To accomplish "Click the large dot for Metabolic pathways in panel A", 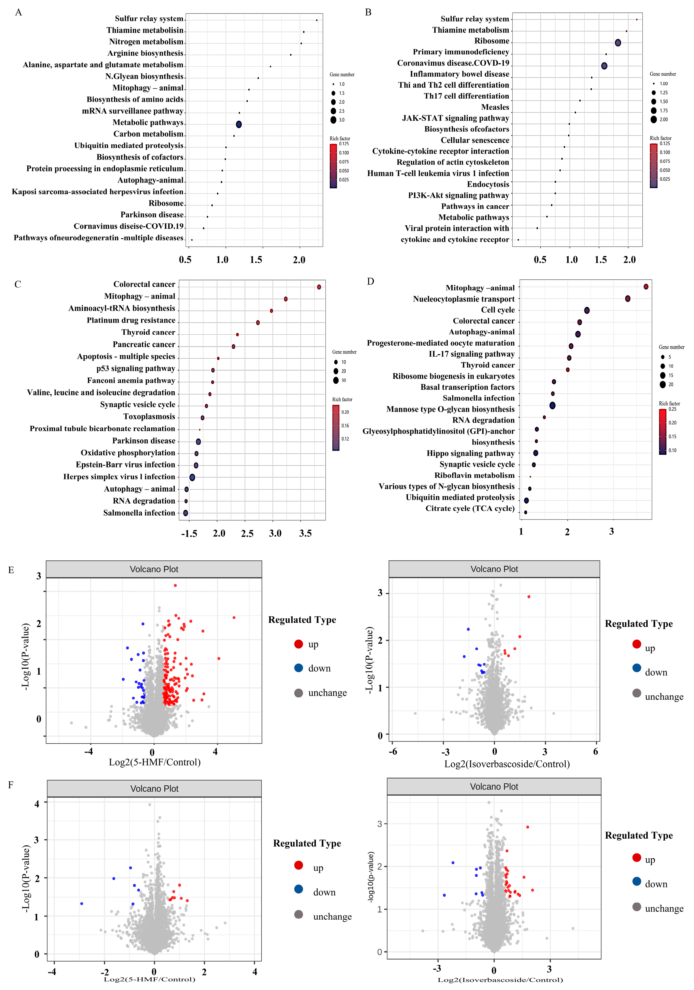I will pos(239,124).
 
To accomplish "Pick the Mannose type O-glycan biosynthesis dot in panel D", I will pos(552,405).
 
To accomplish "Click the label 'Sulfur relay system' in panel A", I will pos(149,18).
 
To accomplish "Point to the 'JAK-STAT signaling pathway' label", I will pos(455,118).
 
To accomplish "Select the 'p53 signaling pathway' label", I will pos(136,369).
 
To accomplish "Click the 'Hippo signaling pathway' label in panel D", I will pos(471,453).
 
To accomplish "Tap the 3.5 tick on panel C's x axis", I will pos(305,533).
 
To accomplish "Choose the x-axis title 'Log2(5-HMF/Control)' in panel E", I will pos(154,762).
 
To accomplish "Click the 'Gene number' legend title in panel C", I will pos(344,352).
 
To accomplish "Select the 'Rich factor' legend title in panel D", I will pos(669,404).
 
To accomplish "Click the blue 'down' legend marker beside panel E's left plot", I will pos(299,668).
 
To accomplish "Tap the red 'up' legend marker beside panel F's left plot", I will pos(299,865).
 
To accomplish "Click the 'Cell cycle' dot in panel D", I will pos(587,311).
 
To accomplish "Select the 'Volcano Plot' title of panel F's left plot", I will pos(154,789).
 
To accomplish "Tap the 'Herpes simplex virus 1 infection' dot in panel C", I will pos(192,477).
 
